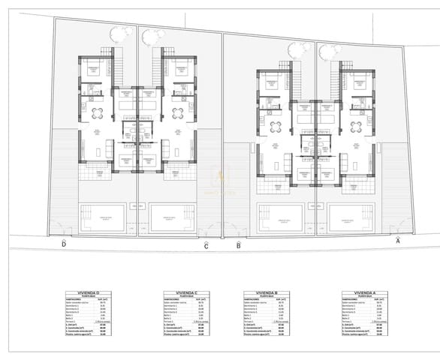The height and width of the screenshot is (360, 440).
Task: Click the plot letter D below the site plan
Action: click(x=64, y=244)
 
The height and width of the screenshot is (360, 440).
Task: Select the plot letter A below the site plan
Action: click(x=398, y=241)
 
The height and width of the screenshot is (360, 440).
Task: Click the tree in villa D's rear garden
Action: click(x=119, y=34)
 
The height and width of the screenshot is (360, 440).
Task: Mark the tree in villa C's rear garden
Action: click(x=152, y=36)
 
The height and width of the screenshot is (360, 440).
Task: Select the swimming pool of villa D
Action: click(x=100, y=217)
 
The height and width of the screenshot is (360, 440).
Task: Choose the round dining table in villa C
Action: click(x=177, y=113)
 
